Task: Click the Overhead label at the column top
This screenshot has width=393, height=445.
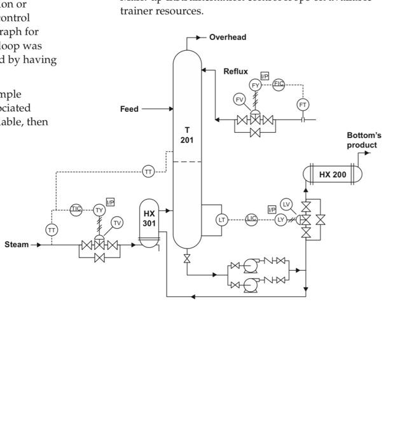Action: click(228, 38)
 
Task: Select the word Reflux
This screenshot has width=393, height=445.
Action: click(235, 72)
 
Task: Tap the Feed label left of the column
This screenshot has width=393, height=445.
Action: click(129, 109)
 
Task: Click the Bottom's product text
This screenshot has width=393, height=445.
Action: click(362, 140)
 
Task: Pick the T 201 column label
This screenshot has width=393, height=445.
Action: click(186, 134)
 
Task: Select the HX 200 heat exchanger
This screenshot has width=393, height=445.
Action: click(332, 174)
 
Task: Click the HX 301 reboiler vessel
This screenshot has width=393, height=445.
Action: click(149, 219)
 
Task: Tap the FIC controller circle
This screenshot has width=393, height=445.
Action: click(279, 84)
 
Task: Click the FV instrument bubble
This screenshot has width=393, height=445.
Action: click(239, 99)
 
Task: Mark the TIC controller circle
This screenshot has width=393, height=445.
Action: click(76, 209)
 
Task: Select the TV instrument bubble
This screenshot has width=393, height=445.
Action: click(116, 222)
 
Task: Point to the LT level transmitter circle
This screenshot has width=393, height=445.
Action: click(222, 219)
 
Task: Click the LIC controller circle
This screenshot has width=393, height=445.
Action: click(251, 219)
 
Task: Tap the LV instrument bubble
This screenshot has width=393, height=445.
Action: click(286, 204)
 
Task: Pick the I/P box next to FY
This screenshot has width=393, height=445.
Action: click(265, 76)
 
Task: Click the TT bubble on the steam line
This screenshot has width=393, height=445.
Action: click(52, 229)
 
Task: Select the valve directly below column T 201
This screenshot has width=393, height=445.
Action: click(186, 259)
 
